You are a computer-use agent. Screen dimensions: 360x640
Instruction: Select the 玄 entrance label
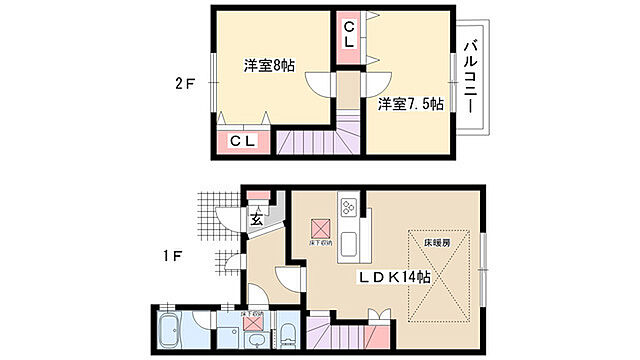256,220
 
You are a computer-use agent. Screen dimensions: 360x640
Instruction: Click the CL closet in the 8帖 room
242,142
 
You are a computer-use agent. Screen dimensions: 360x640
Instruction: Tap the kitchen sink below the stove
350,244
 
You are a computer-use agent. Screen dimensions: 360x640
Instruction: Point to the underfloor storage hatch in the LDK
321,227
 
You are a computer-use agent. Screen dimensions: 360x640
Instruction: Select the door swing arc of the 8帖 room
319,86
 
